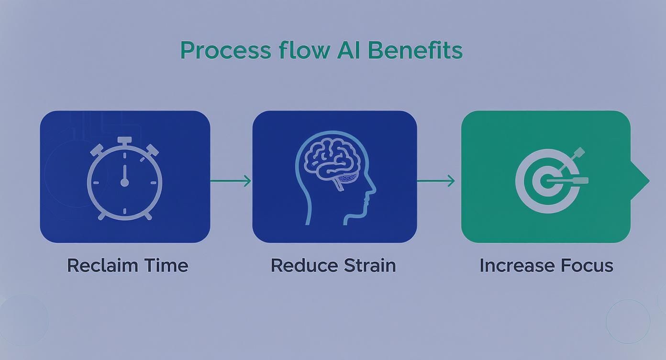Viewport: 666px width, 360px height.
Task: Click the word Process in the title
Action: pos(225,51)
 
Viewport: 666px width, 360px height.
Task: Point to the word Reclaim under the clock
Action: pos(101,265)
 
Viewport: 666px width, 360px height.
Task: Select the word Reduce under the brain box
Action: pos(300,265)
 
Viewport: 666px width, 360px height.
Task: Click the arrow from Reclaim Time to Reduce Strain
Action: pos(231,181)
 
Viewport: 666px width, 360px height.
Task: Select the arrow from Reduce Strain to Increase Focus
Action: pos(436,181)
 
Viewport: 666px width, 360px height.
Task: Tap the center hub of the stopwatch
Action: pos(124,182)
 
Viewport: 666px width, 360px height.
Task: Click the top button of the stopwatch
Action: pos(124,140)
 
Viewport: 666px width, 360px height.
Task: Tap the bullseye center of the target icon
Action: pos(545,181)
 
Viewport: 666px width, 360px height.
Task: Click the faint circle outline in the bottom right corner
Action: pos(628,321)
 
